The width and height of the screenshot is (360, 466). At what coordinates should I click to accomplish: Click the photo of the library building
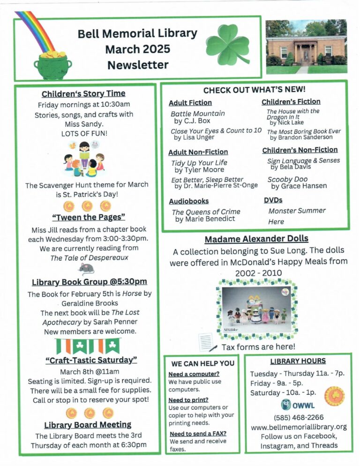306,46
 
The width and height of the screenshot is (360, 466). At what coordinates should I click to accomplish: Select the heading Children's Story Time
83,93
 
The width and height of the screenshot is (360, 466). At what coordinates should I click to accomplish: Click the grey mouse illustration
86,268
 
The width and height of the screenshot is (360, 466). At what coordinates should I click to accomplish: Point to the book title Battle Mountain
197,113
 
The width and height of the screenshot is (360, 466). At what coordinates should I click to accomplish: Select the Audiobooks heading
188,201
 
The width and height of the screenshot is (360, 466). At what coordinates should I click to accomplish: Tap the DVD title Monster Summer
297,211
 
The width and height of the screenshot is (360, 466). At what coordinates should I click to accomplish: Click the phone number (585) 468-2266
299,417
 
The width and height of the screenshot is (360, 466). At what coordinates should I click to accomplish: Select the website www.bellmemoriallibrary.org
299,427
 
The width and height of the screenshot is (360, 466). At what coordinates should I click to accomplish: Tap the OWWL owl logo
286,405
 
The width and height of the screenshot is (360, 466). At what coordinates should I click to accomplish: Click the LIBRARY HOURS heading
298,361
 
